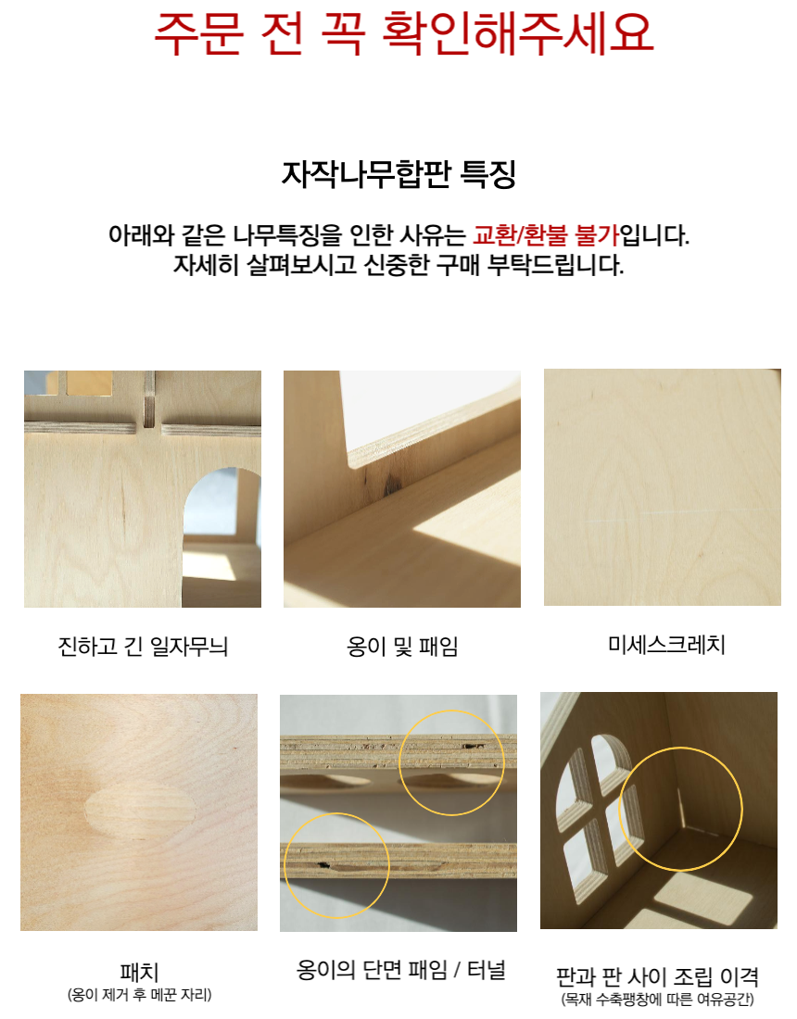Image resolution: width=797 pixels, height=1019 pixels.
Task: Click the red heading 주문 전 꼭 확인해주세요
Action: tap(403, 32)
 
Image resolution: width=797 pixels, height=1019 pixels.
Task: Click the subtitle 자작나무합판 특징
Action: tap(398, 173)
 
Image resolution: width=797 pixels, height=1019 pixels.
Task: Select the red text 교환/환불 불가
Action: tap(546, 234)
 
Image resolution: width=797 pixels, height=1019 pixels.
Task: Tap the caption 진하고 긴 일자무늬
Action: tap(143, 647)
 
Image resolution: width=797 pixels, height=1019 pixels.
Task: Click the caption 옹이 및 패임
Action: tap(402, 647)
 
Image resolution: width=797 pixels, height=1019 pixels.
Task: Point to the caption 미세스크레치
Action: tap(666, 645)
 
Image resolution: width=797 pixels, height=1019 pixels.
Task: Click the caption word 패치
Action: tap(139, 972)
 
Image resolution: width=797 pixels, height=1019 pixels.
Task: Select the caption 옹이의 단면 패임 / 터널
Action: tap(401, 970)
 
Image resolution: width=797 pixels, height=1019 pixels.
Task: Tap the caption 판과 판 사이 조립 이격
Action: tap(657, 976)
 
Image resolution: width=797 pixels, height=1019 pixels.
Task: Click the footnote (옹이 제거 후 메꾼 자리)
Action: tap(139, 994)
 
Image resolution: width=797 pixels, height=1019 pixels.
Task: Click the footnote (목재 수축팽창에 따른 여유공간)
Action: tap(657, 999)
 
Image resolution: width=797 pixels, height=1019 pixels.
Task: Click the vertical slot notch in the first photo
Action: tap(149, 399)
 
